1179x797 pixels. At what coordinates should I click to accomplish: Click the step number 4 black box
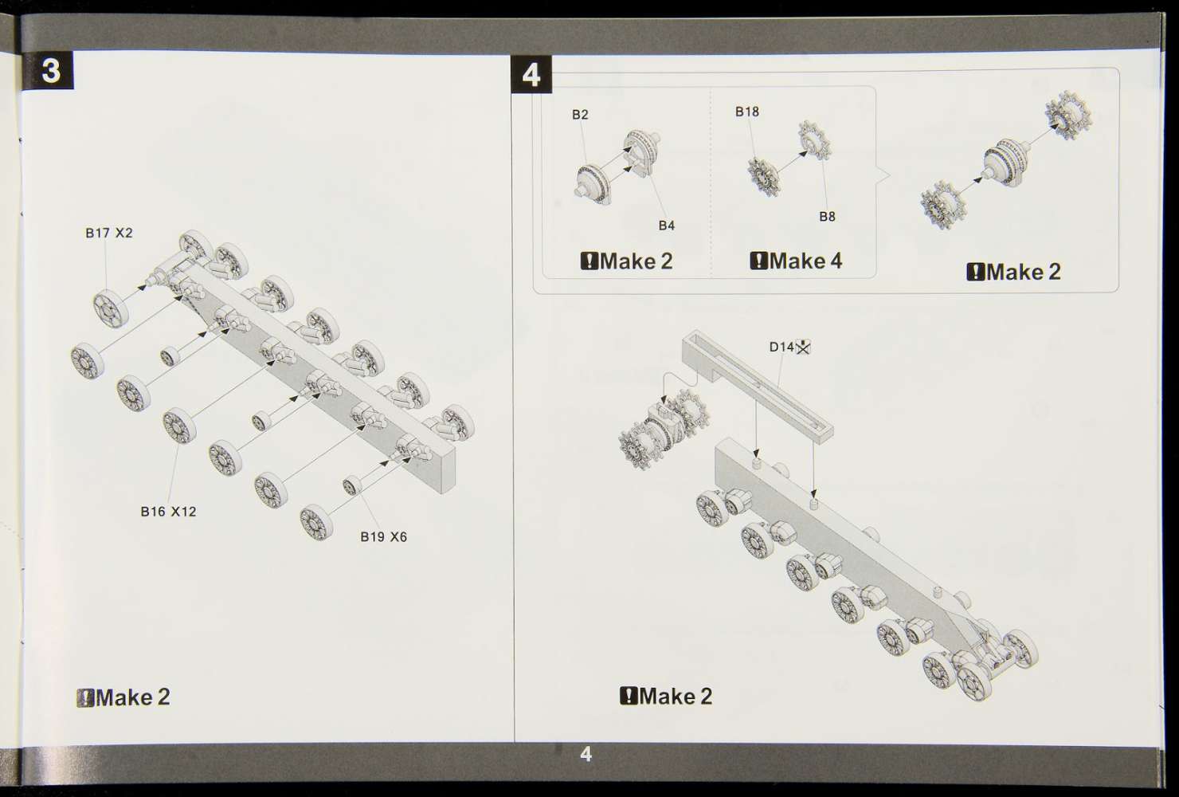coord(531,74)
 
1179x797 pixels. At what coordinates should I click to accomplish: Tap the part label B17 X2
coord(109,233)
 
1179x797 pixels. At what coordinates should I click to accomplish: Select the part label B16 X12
coord(168,511)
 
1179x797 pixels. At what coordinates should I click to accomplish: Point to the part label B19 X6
coord(384,537)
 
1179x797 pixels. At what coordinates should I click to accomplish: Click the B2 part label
coord(580,115)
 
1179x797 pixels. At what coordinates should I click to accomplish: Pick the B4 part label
coord(666,226)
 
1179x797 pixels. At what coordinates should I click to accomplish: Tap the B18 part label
coord(747,112)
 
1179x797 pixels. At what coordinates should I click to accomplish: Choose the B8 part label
coord(827,216)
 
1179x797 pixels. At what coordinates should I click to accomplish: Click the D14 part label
coord(781,347)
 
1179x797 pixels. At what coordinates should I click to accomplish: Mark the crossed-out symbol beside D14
coord(803,347)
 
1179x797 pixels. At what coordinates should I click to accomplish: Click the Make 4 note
coord(796,261)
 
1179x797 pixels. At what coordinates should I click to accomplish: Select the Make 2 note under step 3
coord(123,697)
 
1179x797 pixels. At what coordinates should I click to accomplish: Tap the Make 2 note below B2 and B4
coord(626,261)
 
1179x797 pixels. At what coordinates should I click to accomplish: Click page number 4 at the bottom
coord(586,754)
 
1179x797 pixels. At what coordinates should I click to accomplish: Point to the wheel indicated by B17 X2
coord(111,308)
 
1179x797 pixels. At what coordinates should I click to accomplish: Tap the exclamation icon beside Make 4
coord(758,261)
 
